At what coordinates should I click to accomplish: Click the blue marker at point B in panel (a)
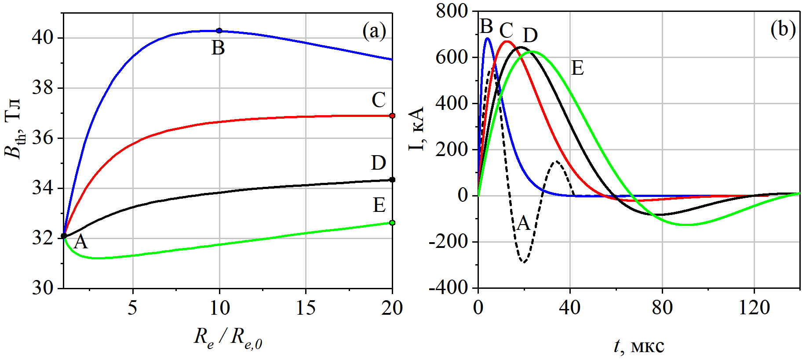[x=219, y=31]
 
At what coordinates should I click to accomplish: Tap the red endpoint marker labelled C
[x=392, y=116]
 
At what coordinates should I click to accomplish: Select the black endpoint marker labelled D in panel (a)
[x=392, y=180]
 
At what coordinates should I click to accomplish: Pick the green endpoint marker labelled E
[x=392, y=223]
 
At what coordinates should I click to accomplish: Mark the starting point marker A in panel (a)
[x=64, y=236]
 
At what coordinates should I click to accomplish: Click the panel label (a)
[x=374, y=31]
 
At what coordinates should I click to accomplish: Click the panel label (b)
[x=783, y=29]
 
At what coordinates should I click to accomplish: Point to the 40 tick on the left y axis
[x=42, y=38]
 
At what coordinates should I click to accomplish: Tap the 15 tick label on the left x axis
[x=306, y=309]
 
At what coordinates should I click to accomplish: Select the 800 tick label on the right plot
[x=452, y=11]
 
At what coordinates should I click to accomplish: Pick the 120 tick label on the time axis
[x=754, y=309]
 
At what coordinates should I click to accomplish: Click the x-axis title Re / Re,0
[x=228, y=338]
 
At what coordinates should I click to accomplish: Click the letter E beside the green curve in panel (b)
[x=577, y=69]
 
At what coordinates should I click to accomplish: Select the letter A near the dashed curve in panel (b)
[x=523, y=224]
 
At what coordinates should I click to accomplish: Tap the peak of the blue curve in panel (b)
[x=487, y=38]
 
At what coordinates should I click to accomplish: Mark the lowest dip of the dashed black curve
[x=524, y=262]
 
